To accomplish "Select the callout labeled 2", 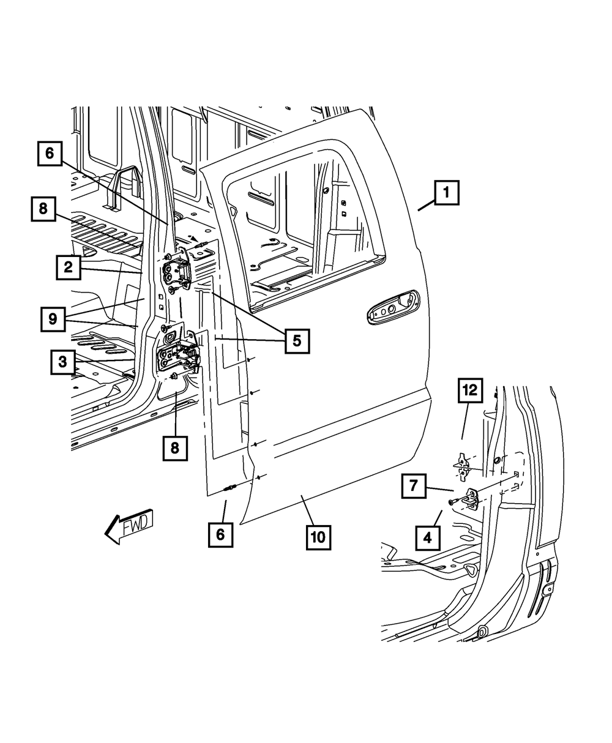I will coord(68,267).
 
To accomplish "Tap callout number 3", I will coord(62,362).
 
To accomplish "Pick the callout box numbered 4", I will coord(427,538).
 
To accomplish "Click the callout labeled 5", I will coord(297,341).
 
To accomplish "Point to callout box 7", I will coord(414,487).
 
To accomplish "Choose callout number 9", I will coord(54,318).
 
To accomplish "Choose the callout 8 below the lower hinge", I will coord(175,447).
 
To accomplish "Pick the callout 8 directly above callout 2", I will coord(43,208).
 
